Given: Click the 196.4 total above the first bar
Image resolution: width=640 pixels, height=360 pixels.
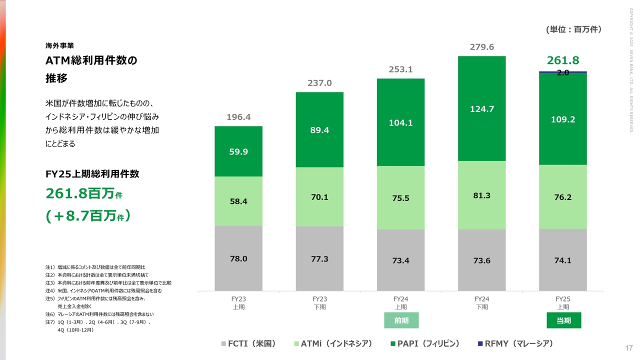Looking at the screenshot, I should [238, 117].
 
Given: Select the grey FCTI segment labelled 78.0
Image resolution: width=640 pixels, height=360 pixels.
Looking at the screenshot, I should [238, 258].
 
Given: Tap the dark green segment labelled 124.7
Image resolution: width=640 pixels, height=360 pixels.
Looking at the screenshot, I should [481, 108].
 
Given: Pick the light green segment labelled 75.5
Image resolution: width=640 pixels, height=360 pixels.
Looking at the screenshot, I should [400, 198].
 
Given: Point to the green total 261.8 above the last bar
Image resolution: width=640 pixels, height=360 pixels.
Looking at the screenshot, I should [563, 61].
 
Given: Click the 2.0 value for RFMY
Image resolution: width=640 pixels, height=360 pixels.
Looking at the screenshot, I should [563, 73].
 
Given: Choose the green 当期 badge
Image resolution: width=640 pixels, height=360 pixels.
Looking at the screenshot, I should [563, 320].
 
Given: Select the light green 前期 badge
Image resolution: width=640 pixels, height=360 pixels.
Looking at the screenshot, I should [401, 320].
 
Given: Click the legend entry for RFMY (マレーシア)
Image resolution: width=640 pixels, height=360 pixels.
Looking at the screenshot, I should [515, 343].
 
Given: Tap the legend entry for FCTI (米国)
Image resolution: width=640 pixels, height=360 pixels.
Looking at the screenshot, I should [248, 343].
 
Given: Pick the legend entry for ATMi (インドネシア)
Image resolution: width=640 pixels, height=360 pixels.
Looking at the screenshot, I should [333, 343].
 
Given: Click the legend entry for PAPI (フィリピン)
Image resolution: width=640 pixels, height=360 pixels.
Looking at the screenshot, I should [424, 343].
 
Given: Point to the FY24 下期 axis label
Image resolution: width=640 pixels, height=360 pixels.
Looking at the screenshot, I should [481, 303].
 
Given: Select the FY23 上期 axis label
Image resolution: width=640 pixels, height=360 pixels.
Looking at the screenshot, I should [238, 303].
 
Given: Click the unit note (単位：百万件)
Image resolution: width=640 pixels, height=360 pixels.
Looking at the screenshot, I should [573, 30].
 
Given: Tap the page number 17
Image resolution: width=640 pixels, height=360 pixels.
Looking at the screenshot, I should [629, 348].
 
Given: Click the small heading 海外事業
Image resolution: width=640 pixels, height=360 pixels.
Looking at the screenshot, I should [59, 45].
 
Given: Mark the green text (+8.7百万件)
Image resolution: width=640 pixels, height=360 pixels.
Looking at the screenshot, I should [88, 216].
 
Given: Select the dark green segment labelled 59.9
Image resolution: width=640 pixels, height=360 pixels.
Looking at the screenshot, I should [238, 151].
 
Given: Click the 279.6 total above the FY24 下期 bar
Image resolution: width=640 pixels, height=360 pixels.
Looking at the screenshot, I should [481, 47].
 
